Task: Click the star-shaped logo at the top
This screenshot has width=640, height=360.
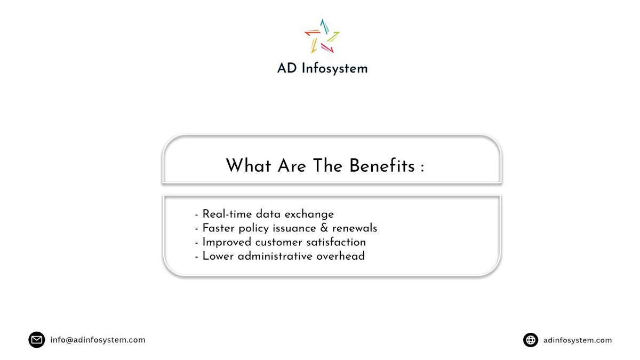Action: pos(322,36)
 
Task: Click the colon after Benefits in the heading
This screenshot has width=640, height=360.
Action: pos(422,167)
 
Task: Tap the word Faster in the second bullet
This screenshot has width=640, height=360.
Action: pos(220,228)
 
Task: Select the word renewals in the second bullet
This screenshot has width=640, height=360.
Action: pos(355,228)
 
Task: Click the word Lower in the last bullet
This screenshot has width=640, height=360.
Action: pos(217,256)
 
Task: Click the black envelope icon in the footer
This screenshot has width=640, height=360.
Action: pos(36,340)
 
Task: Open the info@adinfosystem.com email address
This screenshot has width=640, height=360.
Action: pos(98,340)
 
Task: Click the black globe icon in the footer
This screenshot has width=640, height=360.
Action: pos(530,340)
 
